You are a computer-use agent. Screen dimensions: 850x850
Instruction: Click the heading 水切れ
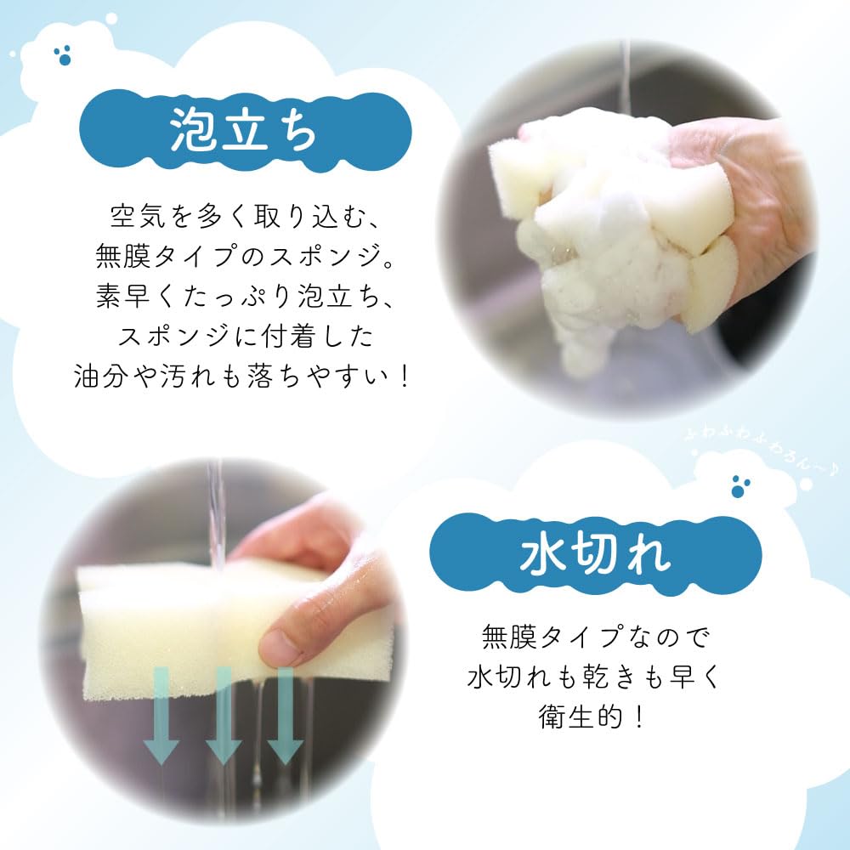coord(595,556)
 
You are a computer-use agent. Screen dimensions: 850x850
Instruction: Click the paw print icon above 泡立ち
coord(62,56)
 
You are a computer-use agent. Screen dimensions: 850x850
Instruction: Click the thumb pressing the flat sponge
coord(293,642)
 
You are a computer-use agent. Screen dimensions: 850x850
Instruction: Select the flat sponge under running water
coord(170,629)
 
